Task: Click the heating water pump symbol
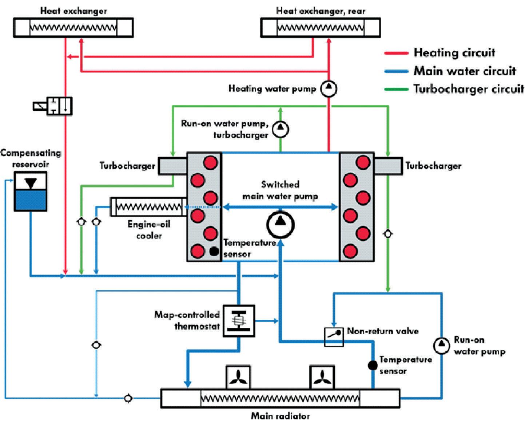coord(329,88)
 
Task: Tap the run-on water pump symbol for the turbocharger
coord(281,129)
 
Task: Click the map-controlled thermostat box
coord(238,320)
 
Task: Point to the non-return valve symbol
coord(334,337)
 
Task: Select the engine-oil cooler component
coord(148,207)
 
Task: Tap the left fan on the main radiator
coord(238,377)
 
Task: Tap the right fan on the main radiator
coord(322,377)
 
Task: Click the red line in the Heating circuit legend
coord(396,53)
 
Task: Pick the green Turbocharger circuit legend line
coord(396,89)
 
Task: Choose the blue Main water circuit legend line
coord(396,71)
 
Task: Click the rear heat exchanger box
coord(321,28)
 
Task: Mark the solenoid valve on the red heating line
coord(52,106)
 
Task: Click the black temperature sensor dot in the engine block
coord(214,251)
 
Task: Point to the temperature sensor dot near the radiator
coord(373,365)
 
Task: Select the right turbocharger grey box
coord(388,166)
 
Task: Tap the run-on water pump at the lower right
coord(441,346)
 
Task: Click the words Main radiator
coord(281,416)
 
